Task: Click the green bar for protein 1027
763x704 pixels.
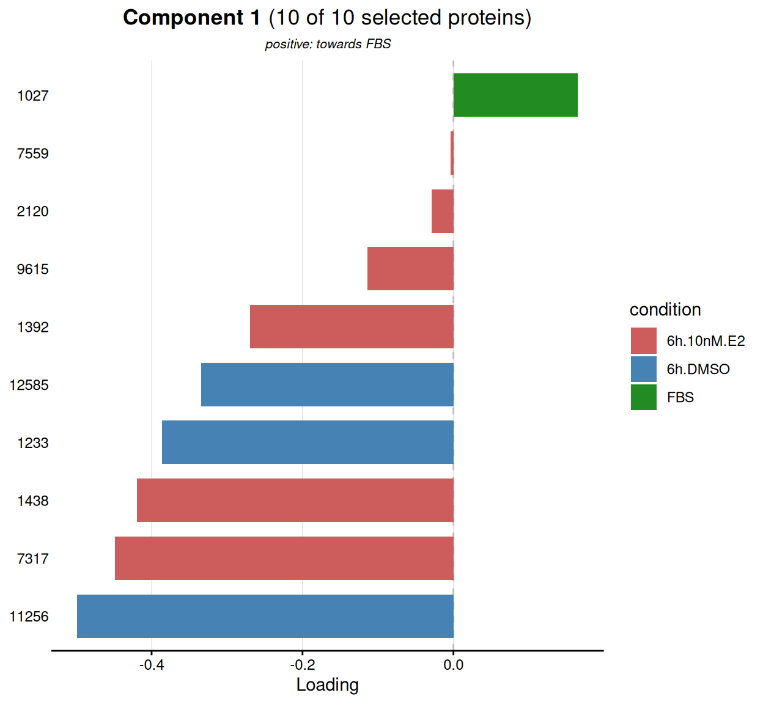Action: point(515,95)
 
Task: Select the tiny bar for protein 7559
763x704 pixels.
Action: point(452,153)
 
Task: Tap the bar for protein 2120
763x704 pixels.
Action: point(443,211)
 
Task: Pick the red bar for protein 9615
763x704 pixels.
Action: point(410,268)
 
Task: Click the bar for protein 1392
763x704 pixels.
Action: point(352,326)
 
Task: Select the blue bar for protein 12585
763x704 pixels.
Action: point(327,384)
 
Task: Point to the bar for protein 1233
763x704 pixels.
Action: point(308,442)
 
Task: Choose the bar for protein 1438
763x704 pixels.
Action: point(295,500)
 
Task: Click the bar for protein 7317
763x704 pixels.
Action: point(284,558)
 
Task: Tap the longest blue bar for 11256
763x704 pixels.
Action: point(265,616)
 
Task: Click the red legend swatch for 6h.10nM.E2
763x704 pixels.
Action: point(644,340)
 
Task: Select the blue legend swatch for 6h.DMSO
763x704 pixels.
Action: point(644,369)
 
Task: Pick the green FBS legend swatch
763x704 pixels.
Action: point(644,397)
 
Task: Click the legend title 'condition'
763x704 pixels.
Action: point(665,310)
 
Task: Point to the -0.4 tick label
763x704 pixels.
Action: point(152,665)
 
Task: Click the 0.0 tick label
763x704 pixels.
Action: point(454,665)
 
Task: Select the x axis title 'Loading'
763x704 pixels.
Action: point(327,686)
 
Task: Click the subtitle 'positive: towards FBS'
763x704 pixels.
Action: point(328,44)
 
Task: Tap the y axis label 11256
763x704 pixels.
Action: point(29,617)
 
